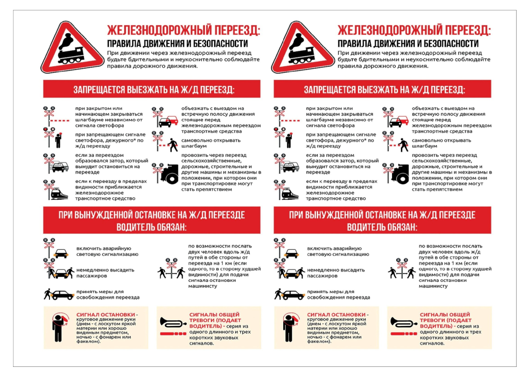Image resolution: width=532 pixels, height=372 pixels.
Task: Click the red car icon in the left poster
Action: [168, 121]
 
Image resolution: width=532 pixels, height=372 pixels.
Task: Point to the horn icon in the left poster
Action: [173, 323]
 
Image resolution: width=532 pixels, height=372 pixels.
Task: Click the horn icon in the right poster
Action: [404, 323]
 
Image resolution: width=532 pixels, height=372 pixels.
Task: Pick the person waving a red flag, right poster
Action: [290, 327]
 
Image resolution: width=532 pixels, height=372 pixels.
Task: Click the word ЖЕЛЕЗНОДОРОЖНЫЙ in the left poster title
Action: [155, 30]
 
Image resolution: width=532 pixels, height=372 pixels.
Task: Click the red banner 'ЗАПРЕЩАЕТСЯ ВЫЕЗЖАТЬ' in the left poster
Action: [152, 89]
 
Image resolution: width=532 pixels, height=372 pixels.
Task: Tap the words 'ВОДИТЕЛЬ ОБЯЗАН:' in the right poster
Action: [382, 227]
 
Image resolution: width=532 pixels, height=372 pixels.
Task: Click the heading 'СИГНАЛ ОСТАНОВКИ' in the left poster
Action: [105, 315]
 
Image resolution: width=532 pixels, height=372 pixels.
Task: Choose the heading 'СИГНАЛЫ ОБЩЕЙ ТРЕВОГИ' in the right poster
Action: [445, 317]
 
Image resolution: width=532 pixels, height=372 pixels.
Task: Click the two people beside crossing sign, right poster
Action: [402, 268]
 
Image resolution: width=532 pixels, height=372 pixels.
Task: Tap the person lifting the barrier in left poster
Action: [173, 145]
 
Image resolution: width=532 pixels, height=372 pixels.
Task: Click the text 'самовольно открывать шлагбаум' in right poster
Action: [441, 143]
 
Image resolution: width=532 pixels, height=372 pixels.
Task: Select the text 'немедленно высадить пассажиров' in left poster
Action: [105, 273]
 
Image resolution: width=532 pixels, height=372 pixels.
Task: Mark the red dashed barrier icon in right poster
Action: [290, 120]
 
